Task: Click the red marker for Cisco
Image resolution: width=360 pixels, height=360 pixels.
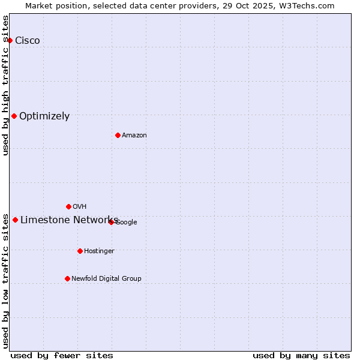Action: click(x=10, y=40)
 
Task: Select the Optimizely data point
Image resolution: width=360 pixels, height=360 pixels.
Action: click(x=14, y=116)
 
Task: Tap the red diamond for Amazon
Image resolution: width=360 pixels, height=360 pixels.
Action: click(x=118, y=135)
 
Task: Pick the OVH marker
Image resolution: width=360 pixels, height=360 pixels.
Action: click(x=68, y=206)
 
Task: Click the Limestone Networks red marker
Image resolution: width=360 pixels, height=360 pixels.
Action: click(x=15, y=220)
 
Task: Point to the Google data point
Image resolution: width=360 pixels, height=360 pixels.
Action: click(x=111, y=222)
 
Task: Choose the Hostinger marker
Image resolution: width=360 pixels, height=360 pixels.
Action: click(x=80, y=251)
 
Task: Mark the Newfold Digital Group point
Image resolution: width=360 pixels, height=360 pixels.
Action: click(x=67, y=278)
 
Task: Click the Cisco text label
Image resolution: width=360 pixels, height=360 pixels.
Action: click(x=28, y=40)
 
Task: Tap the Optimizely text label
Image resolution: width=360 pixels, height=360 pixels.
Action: click(x=44, y=116)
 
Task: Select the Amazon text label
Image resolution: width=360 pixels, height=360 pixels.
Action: click(x=134, y=135)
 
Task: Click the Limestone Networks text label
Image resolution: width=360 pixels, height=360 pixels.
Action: click(x=69, y=220)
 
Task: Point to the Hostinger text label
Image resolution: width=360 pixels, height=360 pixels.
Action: click(x=99, y=251)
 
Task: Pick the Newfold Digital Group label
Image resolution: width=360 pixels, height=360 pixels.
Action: click(x=106, y=278)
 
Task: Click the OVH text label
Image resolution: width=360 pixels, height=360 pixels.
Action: click(x=80, y=206)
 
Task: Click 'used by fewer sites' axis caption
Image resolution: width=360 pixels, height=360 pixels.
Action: click(x=62, y=355)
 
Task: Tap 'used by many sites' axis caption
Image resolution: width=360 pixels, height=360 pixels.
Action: click(x=301, y=355)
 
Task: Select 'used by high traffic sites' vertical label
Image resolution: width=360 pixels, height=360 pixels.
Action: click(x=6, y=85)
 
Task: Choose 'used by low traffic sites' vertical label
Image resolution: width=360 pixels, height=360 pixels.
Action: click(x=6, y=280)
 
